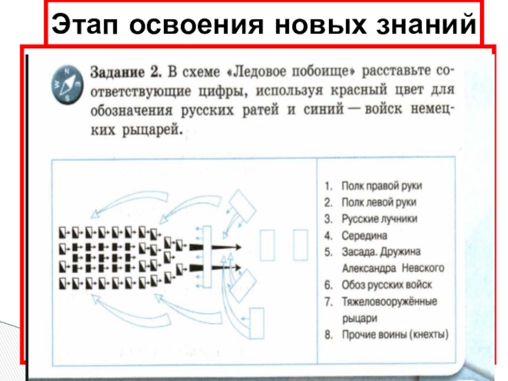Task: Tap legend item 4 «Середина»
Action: pyautogui.click(x=358, y=235)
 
